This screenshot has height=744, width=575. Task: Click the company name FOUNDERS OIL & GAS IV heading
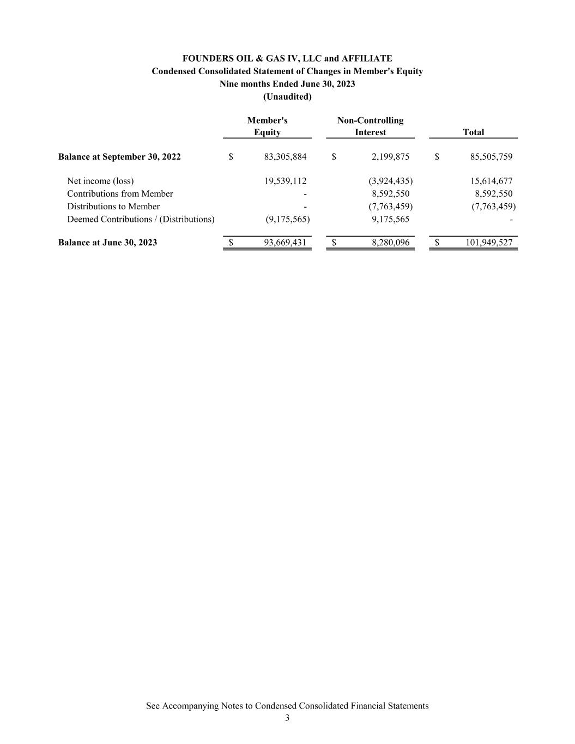287,58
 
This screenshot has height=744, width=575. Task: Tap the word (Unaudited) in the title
287,96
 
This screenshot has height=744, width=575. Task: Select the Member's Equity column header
267,126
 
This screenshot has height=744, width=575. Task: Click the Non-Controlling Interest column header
370,126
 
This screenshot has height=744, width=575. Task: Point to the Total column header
473,132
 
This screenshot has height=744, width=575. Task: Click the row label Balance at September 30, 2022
119,157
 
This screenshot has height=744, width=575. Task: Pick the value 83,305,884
285,157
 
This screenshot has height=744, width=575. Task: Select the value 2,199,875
390,157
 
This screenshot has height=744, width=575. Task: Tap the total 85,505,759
491,157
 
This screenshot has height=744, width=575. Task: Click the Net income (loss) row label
100,181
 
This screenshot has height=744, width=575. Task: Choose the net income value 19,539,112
285,181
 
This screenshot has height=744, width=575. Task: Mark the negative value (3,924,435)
390,181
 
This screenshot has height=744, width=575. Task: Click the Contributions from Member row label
120,193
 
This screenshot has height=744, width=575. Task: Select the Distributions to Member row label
113,207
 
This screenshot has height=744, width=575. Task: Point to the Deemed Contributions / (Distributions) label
141,219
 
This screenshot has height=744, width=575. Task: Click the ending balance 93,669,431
285,243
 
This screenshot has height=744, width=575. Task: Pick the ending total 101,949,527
489,243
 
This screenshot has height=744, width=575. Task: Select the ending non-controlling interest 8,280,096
390,243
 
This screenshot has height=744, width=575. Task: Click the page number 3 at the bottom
287,718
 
